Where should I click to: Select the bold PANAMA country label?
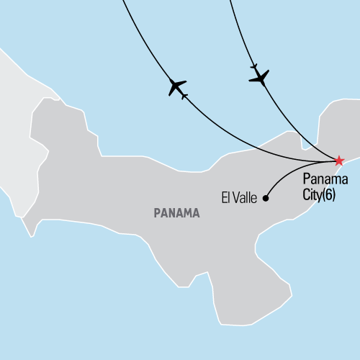click(x=177, y=213)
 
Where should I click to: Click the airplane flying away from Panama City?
click(x=177, y=88)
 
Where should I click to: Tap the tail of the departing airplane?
click(x=184, y=95)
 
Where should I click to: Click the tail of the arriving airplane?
click(x=254, y=66)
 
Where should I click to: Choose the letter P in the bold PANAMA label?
click(x=156, y=213)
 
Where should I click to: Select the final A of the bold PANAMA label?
click(x=197, y=213)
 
